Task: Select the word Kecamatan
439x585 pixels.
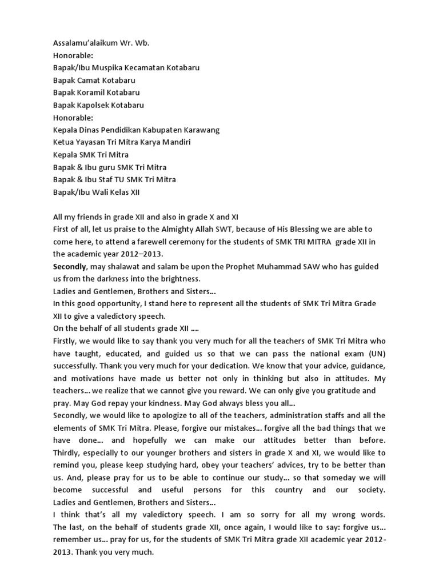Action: coord(143,68)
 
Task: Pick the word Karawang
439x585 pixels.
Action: coord(199,130)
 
